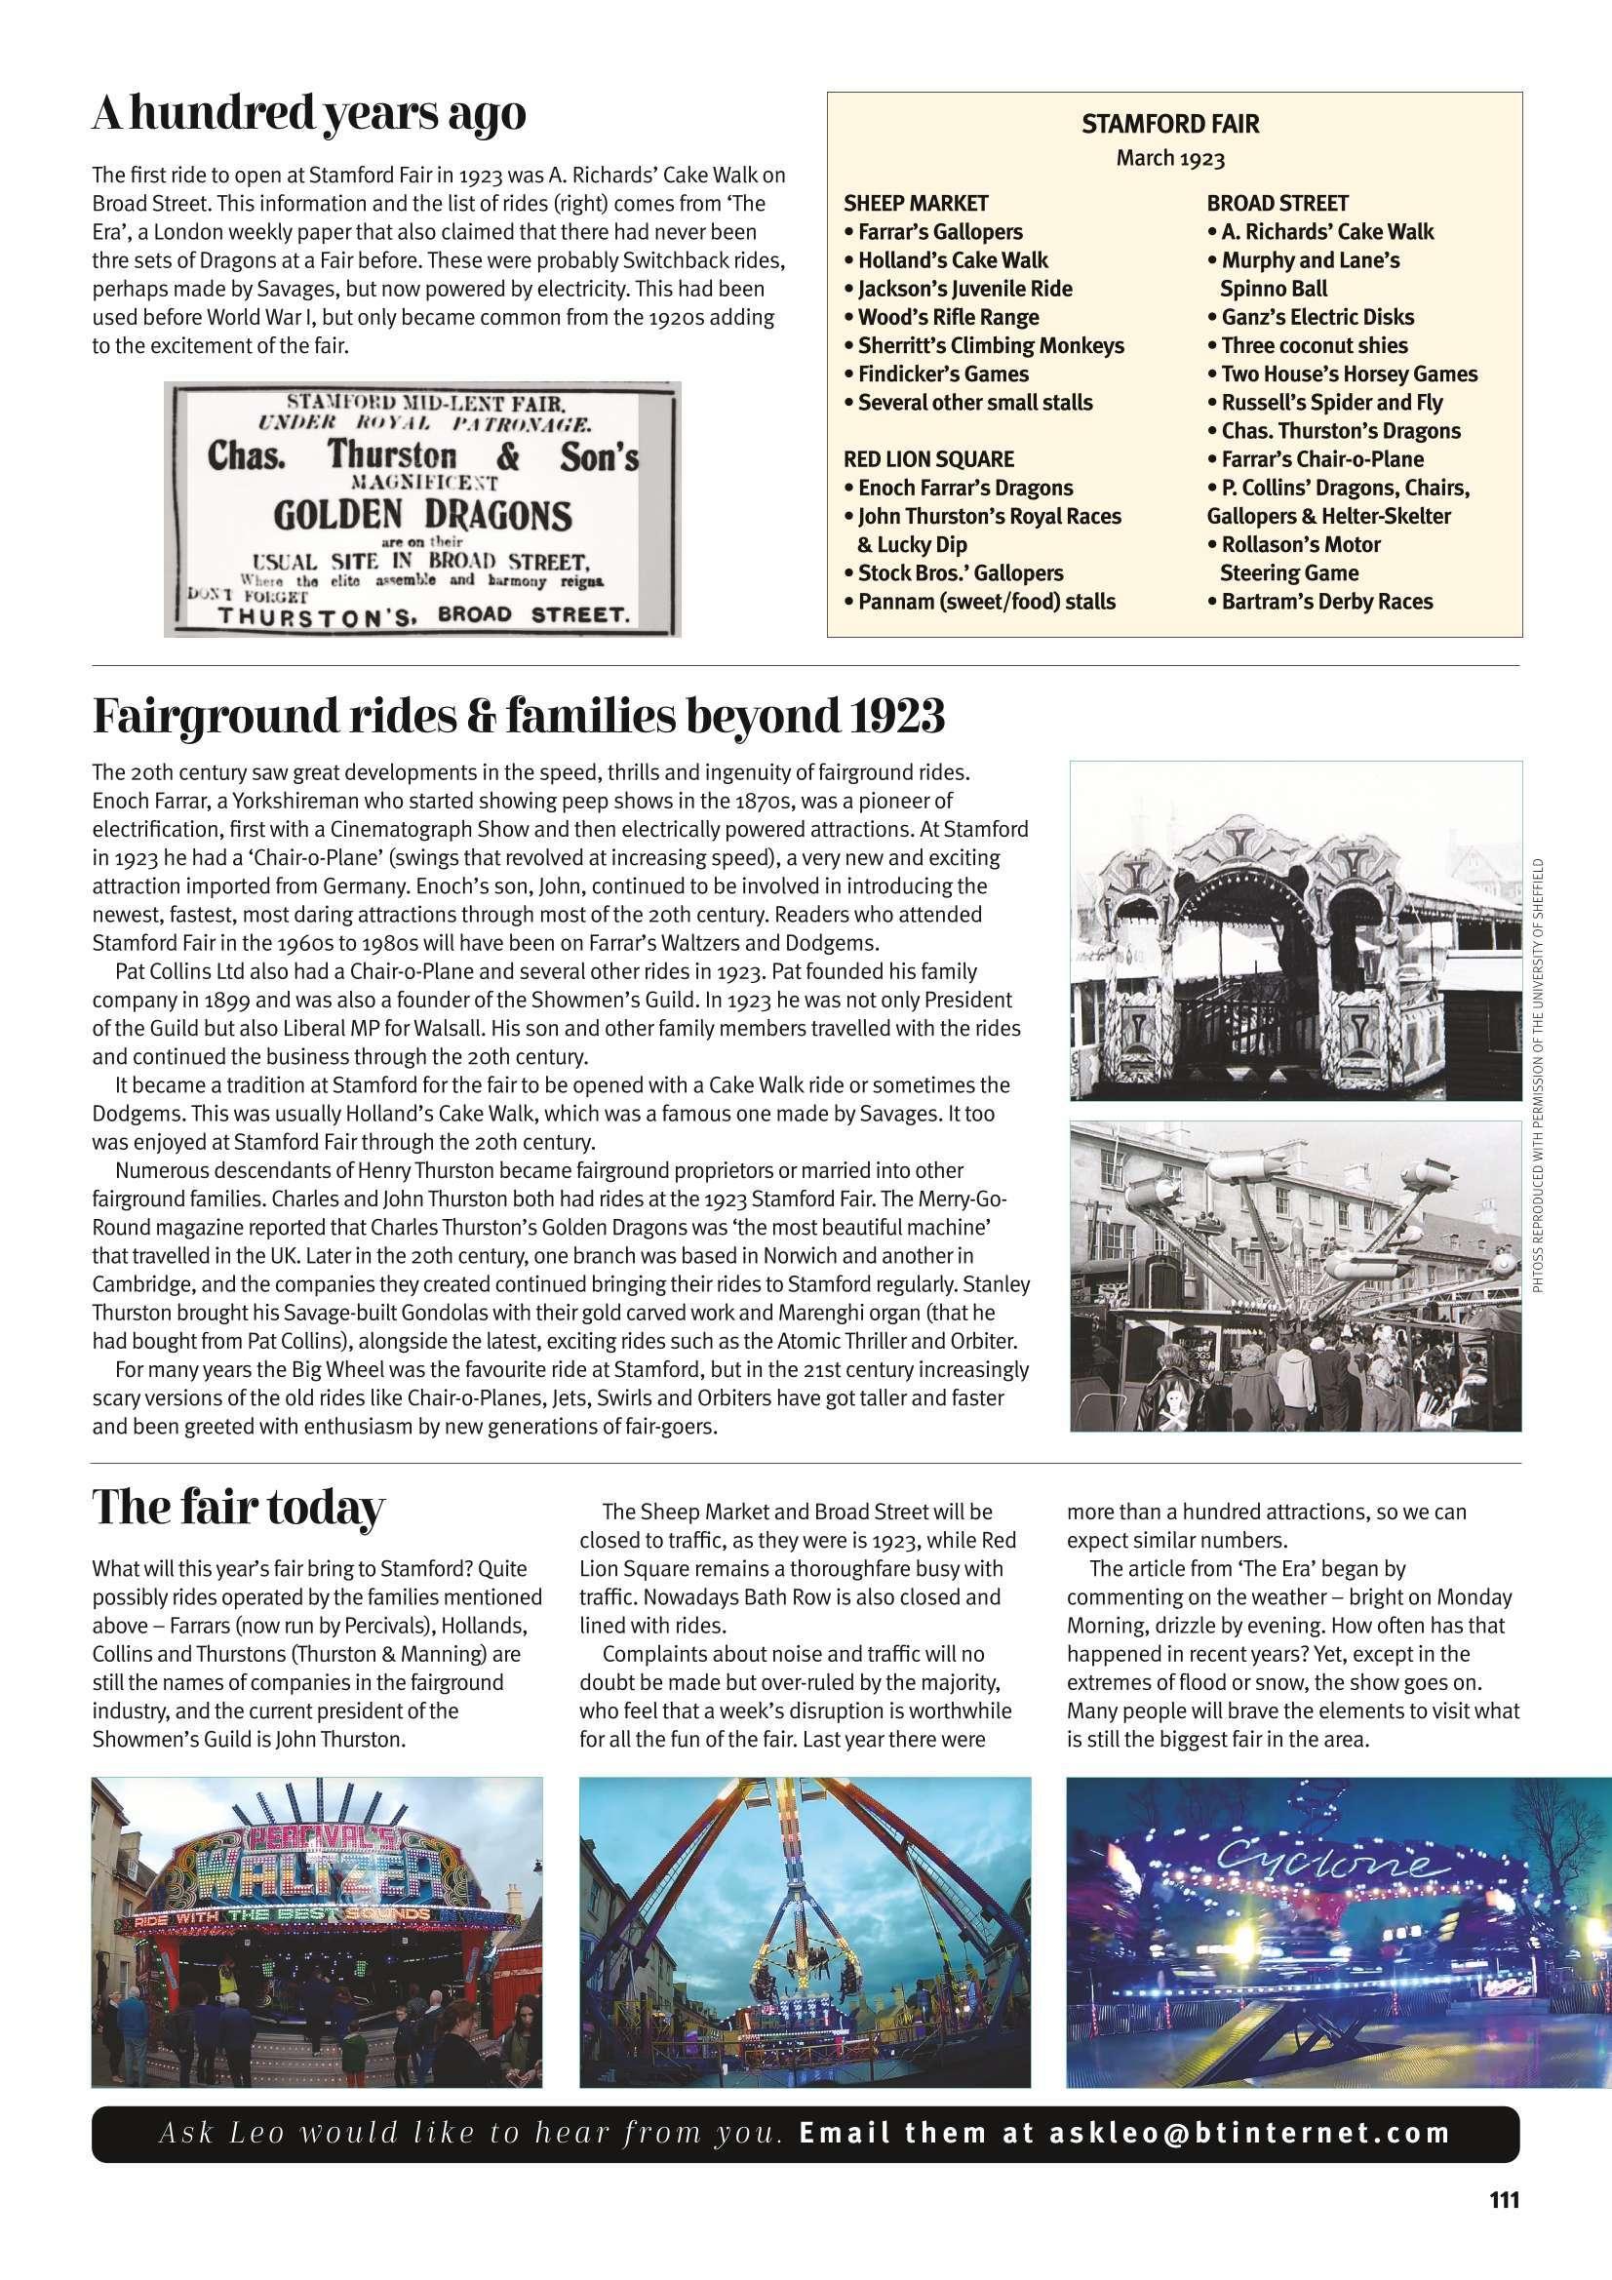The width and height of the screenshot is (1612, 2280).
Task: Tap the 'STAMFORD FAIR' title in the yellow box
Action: [1169, 125]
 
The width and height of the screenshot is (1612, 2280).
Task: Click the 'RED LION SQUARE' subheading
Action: [927, 459]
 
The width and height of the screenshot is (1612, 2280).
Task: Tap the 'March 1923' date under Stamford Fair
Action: [1170, 159]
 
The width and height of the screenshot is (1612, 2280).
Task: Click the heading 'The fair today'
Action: [237, 1509]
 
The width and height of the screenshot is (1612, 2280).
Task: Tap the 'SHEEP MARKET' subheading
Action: [916, 204]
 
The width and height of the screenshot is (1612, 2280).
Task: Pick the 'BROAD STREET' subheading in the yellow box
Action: [1278, 204]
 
